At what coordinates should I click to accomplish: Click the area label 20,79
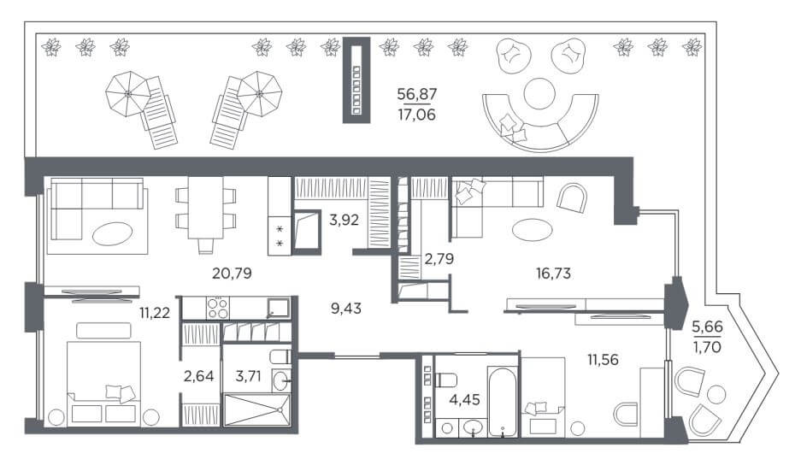tap(232, 274)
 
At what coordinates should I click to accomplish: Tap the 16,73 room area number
tap(553, 274)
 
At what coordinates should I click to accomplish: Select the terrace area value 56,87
tap(417, 94)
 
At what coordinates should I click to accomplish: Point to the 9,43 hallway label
tap(346, 308)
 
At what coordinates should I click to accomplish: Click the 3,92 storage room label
tap(344, 220)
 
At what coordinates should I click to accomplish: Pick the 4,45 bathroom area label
tap(464, 399)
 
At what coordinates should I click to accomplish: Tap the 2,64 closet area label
tap(198, 376)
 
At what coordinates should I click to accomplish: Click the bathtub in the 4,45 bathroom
tap(503, 401)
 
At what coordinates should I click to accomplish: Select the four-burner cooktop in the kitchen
tap(217, 308)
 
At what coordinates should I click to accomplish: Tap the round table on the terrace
tap(539, 93)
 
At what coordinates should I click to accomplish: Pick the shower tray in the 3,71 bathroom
tap(257, 409)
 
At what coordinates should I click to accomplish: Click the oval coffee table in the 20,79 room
tap(113, 233)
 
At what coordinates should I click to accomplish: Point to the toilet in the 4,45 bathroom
tap(446, 380)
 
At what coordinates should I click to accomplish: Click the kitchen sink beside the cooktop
tap(278, 309)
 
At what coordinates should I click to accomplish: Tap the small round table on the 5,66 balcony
tap(716, 394)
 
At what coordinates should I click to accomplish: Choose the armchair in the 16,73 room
tap(572, 197)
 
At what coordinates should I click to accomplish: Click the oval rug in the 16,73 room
tap(532, 230)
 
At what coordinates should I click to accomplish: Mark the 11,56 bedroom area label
tap(603, 360)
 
